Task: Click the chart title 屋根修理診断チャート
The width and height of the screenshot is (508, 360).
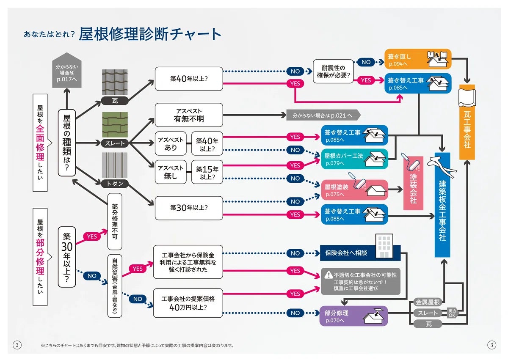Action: tap(150, 34)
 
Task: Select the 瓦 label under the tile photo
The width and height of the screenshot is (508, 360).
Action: tap(114, 101)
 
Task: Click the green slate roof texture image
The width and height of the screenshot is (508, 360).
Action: tap(114, 124)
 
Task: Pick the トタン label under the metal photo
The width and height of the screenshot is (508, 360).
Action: tap(114, 183)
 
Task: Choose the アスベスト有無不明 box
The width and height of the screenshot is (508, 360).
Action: tap(188, 115)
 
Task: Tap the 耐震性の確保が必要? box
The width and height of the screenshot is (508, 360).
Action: tap(334, 71)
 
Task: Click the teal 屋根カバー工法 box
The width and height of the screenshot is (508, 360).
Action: tap(354, 159)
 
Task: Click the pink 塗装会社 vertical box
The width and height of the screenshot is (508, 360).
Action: tap(413, 183)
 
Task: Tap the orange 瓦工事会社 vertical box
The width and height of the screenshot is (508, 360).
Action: tap(467, 127)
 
